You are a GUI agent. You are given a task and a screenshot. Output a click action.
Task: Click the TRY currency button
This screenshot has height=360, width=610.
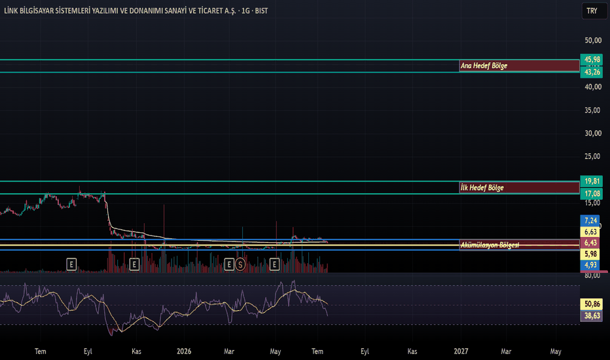(592, 11)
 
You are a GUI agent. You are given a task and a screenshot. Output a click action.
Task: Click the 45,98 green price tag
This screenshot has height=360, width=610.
(591, 60)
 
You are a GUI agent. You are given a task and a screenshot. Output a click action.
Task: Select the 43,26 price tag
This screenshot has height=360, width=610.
(591, 72)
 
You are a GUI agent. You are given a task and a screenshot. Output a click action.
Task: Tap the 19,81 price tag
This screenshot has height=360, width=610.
(591, 181)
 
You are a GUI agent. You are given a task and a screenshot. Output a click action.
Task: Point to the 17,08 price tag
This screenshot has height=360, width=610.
(591, 194)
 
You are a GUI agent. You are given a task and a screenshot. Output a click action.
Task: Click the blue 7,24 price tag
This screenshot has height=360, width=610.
(590, 221)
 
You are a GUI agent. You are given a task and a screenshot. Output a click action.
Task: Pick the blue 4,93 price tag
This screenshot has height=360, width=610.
(590, 265)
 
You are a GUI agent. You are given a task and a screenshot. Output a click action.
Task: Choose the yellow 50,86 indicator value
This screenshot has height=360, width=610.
(591, 304)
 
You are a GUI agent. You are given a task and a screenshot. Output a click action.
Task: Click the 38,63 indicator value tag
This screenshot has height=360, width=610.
(591, 315)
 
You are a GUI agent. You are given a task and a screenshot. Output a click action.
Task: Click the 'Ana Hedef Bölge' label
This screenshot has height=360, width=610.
(484, 65)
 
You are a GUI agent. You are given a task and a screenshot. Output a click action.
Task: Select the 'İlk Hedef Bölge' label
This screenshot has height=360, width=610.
(482, 188)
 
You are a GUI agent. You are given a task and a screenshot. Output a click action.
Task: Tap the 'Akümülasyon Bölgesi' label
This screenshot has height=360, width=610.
(490, 245)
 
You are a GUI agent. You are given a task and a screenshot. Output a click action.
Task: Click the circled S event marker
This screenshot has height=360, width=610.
(240, 265)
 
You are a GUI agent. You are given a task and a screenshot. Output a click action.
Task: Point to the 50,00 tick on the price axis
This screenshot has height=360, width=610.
(593, 41)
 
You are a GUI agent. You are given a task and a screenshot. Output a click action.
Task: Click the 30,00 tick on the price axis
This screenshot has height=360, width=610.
(593, 134)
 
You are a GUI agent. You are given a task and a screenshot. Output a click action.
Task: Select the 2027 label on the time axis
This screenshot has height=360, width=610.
(461, 351)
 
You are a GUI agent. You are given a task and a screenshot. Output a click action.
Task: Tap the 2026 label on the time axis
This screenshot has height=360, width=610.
(184, 351)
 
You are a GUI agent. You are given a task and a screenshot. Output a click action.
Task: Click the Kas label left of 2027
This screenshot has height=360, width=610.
(412, 351)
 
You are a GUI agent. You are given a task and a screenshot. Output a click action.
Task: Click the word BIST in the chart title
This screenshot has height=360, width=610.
(261, 11)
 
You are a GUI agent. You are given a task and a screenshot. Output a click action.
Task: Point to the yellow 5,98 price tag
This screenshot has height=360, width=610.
(590, 254)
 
